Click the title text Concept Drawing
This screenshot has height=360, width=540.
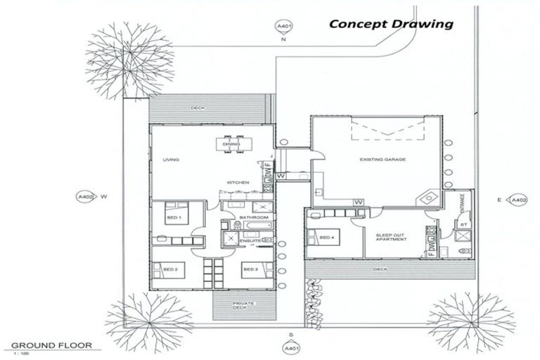[x=391, y=24]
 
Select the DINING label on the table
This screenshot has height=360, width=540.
[x=231, y=144]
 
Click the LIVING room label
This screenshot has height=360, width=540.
[x=171, y=160]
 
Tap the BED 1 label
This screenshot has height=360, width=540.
[x=173, y=218]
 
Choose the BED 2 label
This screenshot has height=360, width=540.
[x=169, y=269]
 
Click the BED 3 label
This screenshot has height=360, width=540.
[x=250, y=269]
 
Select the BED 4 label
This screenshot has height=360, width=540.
[x=327, y=238]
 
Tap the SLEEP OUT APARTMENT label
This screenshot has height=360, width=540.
[x=391, y=237]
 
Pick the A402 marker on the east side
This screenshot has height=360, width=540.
[x=518, y=200]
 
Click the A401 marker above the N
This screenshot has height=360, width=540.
[x=284, y=27]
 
